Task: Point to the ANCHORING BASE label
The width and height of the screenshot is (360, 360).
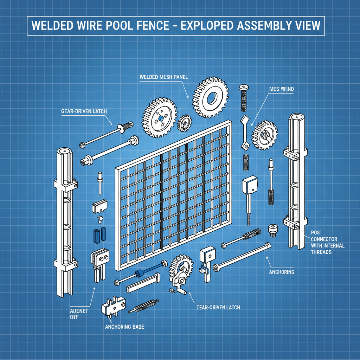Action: (x=124, y=327)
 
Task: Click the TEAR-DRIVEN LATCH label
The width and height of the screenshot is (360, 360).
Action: (x=217, y=307)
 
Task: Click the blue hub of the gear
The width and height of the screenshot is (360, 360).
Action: (x=160, y=119)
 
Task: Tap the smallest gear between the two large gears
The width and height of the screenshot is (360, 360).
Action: (x=185, y=123)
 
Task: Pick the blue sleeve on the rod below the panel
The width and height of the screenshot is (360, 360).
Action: (x=140, y=273)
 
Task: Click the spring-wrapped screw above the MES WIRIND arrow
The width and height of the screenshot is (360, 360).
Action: (x=243, y=98)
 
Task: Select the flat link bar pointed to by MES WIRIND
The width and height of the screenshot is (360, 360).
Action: (x=245, y=134)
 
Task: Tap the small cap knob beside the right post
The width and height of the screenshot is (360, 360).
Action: (x=273, y=230)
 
